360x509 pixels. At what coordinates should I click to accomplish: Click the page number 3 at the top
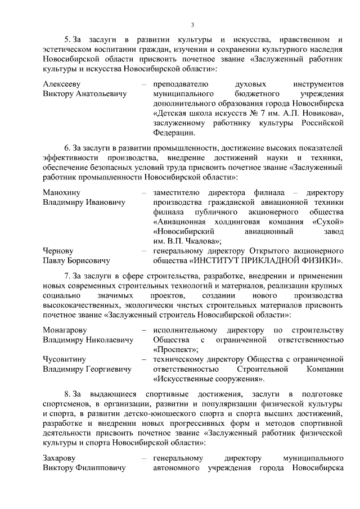tap(192, 24)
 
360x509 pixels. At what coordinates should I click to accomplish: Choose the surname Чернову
tap(59, 251)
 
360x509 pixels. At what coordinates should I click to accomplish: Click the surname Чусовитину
tap(66, 359)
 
